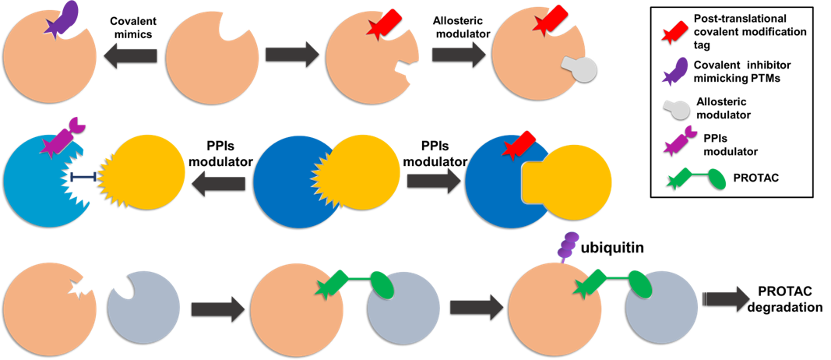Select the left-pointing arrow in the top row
(130, 55)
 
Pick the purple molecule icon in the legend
(675, 71)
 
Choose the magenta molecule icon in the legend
(679, 140)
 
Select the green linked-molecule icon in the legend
(697, 178)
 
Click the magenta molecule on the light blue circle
(62, 137)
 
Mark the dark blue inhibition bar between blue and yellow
(83, 178)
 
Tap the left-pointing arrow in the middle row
(218, 184)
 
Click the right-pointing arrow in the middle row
(434, 181)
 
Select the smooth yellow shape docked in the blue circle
(572, 182)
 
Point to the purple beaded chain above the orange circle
(568, 245)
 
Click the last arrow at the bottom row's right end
(726, 298)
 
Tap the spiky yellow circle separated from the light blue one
(145, 171)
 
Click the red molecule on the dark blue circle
(519, 145)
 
